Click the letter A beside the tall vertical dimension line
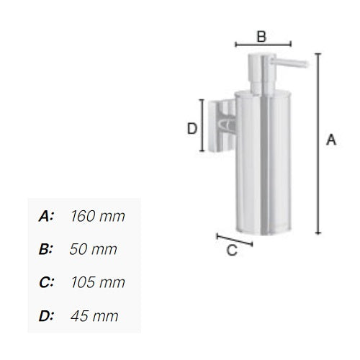(331, 140)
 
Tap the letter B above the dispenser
(262, 35)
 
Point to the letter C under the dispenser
(231, 251)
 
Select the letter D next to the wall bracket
(192, 129)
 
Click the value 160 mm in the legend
(98, 216)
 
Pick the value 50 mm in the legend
(93, 249)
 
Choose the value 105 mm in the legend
(98, 282)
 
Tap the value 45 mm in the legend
(94, 315)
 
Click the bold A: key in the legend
(46, 216)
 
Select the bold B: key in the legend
(46, 249)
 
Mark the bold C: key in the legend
(46, 282)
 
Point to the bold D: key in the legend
(46, 315)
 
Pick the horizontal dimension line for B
(263, 45)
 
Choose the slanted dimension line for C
(234, 239)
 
